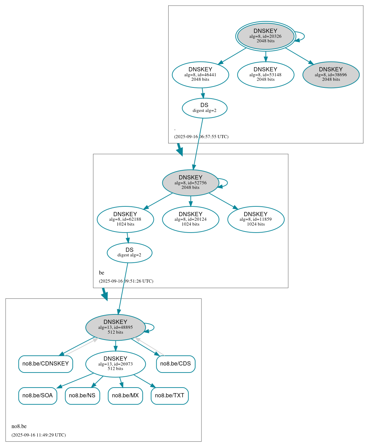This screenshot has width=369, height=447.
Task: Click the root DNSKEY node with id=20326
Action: pos(265,36)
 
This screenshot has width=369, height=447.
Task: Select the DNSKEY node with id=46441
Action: pos(200,74)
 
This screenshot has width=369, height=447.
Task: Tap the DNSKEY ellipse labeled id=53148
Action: pos(265,74)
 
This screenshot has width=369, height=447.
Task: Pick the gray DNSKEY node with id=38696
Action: pos(331,74)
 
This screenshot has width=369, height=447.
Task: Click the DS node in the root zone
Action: pos(205,108)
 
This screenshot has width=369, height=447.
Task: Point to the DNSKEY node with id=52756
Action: pos(191,183)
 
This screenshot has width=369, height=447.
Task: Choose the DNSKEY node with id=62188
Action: pos(125,219)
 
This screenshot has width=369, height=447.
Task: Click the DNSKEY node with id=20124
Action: pos(191,219)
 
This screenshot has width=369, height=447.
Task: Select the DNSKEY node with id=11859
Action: pos(256,219)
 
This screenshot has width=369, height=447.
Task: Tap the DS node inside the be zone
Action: pos(129,253)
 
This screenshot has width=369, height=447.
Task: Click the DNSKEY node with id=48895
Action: pos(115,327)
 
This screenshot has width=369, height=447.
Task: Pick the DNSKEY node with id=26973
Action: pos(115,364)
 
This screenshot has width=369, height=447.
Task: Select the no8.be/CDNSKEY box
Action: pos(45,364)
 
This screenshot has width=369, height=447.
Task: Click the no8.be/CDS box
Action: pos(176,364)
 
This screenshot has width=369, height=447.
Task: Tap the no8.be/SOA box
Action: pos(37,396)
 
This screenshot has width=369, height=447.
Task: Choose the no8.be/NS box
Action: pos(82,396)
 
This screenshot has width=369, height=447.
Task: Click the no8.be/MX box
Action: pos(125,396)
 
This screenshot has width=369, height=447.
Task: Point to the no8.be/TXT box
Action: pos(170,396)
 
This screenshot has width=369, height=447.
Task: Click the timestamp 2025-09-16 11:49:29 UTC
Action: pos(38,435)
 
